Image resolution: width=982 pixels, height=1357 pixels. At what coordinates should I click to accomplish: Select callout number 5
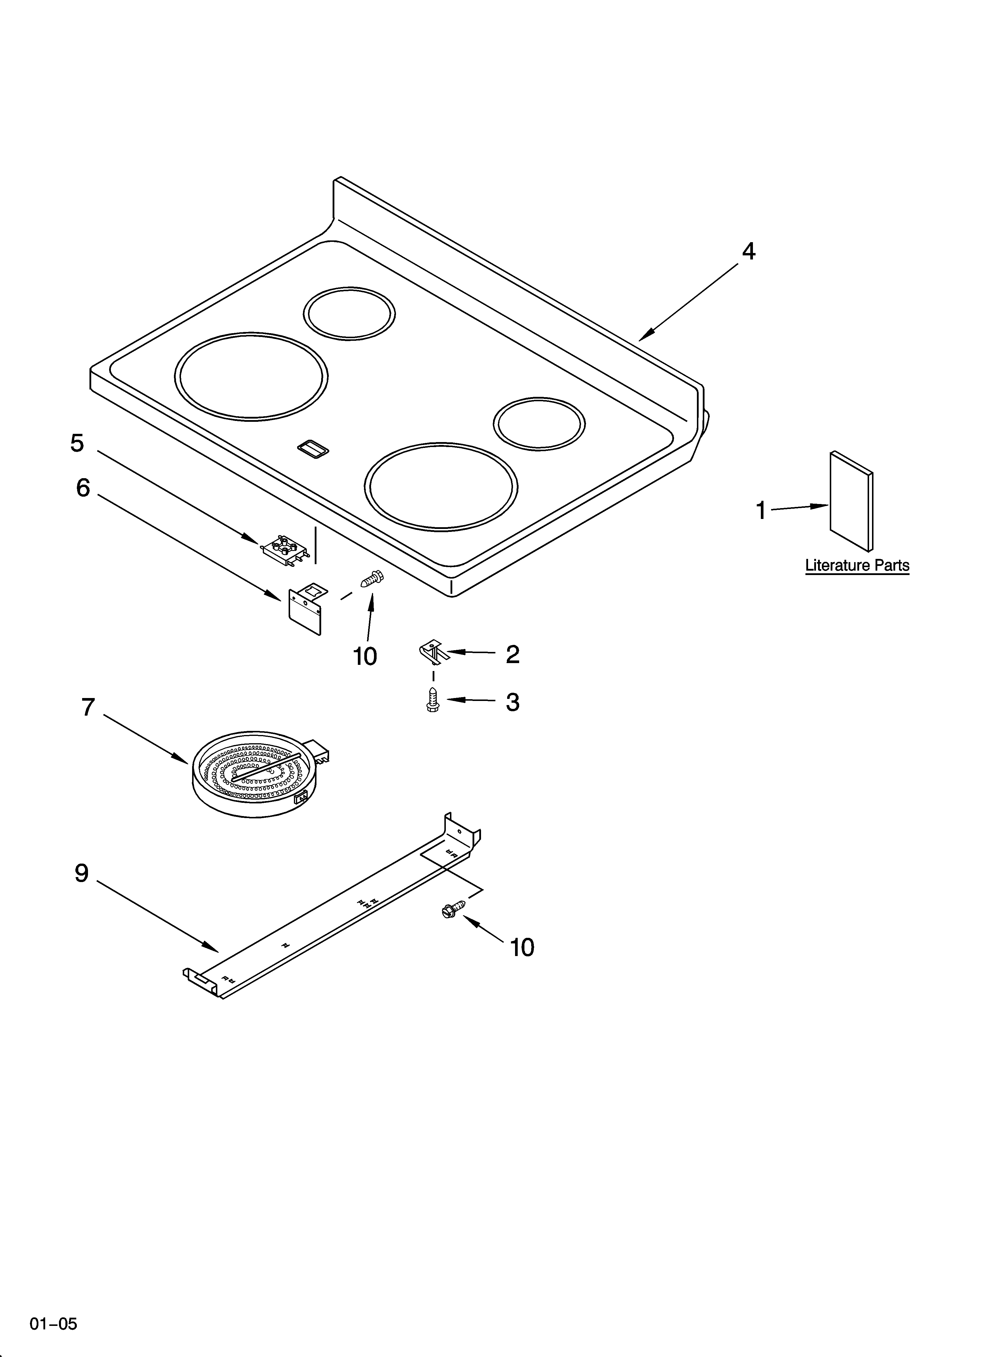coord(77,443)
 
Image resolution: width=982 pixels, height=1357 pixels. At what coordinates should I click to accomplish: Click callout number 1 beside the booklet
coord(761,510)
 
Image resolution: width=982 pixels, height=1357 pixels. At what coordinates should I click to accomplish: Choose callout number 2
coord(512,655)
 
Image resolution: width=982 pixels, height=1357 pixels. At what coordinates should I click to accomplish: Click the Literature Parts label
coord(857,565)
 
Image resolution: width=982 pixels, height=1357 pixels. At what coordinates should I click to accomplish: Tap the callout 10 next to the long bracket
coord(522,947)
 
